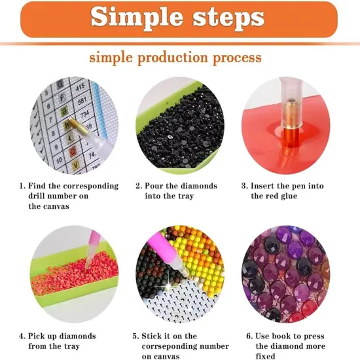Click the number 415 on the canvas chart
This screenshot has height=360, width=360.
(x=81, y=85)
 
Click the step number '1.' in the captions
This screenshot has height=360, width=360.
(x=22, y=186)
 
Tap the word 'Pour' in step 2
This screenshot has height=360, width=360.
(x=154, y=186)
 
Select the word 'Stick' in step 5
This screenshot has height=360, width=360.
(x=154, y=336)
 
